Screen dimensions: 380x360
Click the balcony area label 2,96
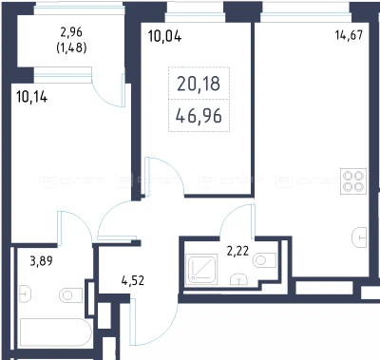[x=71, y=32]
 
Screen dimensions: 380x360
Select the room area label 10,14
[x=32, y=97]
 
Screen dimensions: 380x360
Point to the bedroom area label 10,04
[x=164, y=36]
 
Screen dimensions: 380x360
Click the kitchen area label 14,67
[x=349, y=35]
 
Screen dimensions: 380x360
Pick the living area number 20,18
[x=199, y=84]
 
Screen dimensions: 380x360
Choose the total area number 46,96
[x=199, y=116]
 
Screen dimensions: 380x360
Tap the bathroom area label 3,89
[x=41, y=261]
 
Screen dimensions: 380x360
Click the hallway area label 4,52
[x=133, y=280]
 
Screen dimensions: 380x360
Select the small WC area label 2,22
[x=237, y=252]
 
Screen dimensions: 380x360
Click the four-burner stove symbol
[x=353, y=181]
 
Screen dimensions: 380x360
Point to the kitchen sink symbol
[x=359, y=237]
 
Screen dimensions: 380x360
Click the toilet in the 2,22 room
[x=264, y=260]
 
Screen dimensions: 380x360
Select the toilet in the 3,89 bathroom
[x=70, y=295]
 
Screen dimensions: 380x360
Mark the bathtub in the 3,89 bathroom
[x=56, y=332]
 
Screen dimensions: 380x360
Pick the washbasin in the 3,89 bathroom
[x=25, y=294]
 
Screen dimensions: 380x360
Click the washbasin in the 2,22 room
[x=238, y=279]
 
